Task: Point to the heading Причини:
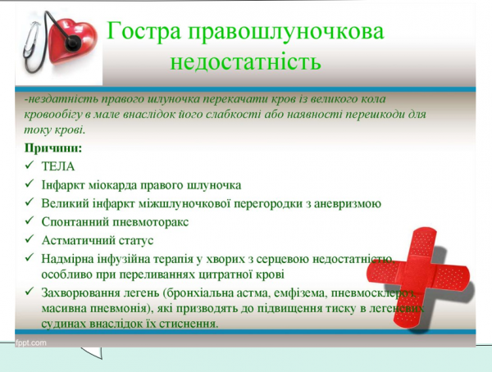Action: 53,148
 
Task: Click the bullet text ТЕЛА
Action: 57,166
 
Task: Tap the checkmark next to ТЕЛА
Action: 30,166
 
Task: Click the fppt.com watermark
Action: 31,343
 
